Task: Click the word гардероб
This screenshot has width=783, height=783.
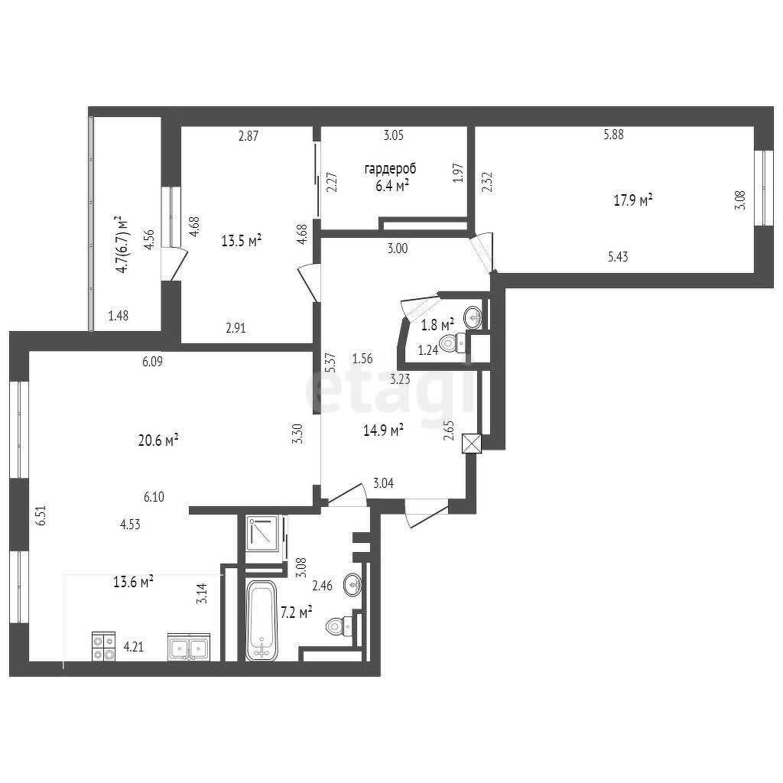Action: [390, 169]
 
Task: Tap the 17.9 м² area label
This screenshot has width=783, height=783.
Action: [633, 200]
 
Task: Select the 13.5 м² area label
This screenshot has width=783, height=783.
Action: [242, 241]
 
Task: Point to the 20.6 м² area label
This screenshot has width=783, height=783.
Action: [158, 440]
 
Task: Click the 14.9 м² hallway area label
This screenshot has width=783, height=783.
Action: [384, 430]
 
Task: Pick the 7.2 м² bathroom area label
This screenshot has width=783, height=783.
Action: [297, 612]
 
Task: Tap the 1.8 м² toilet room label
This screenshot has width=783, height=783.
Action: [437, 325]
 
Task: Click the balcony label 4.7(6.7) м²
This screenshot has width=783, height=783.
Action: [121, 245]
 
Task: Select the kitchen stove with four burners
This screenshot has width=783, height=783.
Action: [104, 647]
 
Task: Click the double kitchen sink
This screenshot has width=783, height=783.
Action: [189, 647]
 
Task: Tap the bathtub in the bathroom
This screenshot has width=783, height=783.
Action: [262, 620]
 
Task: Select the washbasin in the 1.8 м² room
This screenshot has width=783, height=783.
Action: [473, 316]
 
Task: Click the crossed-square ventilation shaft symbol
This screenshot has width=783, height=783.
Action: [472, 443]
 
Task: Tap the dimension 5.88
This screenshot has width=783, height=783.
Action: [614, 135]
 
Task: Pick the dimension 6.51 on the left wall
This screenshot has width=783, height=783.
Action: [41, 515]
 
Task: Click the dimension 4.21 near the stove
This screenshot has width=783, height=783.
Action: [134, 647]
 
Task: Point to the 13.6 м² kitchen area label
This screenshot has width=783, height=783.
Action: [133, 582]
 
